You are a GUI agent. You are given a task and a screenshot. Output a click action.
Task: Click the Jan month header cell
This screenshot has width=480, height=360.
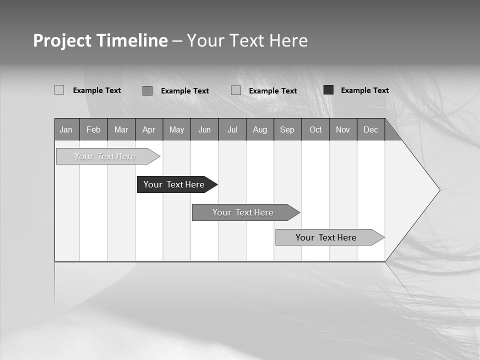[x=66, y=129]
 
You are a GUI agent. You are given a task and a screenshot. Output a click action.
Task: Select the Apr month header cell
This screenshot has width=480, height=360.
[x=148, y=129]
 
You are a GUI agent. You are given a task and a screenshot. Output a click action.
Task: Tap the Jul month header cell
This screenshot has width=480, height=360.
[x=232, y=129]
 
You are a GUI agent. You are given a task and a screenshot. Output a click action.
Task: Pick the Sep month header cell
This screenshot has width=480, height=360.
[x=287, y=129]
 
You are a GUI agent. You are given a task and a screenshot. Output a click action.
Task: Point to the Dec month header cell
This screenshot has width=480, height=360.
[x=370, y=129]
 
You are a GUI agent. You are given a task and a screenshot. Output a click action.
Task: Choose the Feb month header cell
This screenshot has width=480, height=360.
[x=93, y=129]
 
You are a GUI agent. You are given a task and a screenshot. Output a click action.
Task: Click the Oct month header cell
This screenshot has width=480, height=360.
[x=315, y=129]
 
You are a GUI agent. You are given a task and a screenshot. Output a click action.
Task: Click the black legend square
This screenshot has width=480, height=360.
[x=328, y=90]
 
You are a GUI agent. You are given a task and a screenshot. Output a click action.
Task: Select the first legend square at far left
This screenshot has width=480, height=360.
[x=59, y=90]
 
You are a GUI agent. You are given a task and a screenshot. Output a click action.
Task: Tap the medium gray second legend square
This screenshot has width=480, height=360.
[x=147, y=90]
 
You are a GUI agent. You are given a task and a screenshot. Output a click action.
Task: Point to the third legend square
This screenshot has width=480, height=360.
[x=236, y=90]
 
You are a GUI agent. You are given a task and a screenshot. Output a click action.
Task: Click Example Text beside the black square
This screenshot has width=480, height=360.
[x=364, y=90]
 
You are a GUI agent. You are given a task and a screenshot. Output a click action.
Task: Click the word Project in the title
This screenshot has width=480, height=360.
[x=62, y=40]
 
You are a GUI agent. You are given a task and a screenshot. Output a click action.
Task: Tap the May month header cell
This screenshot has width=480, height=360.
[x=176, y=129]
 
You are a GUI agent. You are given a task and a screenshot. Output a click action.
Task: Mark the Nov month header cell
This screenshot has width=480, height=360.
[x=343, y=129]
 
